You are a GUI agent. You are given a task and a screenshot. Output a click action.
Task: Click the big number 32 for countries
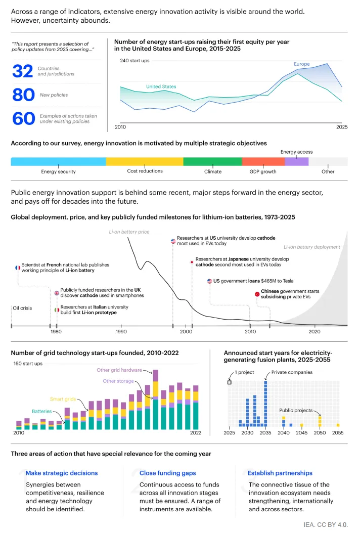[23, 71]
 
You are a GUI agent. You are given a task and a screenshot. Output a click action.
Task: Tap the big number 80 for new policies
[23, 95]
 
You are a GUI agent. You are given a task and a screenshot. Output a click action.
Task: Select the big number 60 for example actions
[23, 118]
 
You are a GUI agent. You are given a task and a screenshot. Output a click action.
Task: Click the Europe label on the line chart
[301, 64]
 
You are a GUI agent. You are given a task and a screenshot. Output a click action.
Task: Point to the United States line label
[161, 86]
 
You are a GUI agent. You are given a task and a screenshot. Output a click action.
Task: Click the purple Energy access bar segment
[296, 161]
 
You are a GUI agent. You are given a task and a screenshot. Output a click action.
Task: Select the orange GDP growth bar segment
[263, 161]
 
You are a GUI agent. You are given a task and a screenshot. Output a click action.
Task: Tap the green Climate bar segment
[212, 161]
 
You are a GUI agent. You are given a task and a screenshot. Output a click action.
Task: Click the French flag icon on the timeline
[18, 268]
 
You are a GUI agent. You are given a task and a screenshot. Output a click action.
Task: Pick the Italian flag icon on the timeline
[57, 309]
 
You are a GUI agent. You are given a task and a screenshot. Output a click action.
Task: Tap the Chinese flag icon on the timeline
[257, 293]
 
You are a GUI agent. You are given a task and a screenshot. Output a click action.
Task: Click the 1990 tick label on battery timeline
[121, 332]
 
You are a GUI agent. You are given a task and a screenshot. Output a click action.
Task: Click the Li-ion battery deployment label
[311, 247]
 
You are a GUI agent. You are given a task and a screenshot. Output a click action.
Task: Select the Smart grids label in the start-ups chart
[63, 399]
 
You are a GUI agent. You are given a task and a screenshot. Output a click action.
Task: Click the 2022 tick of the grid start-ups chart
[195, 433]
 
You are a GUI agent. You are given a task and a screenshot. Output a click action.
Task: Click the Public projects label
[296, 410]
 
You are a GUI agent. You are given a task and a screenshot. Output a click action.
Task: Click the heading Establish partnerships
[280, 473]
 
